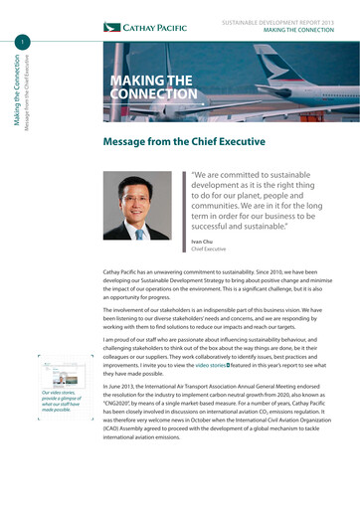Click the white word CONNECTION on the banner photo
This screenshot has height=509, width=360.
click(154, 94)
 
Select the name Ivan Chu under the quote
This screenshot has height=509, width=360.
click(202, 242)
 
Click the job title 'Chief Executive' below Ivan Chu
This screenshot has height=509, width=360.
click(210, 251)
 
